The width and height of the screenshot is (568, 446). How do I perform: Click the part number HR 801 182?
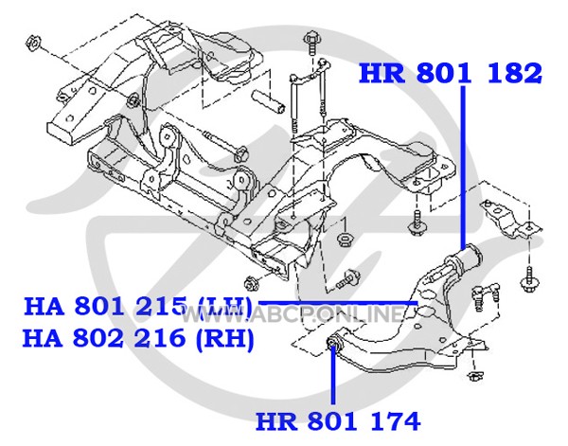(451, 73)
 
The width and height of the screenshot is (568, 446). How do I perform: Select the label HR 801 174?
(338, 420)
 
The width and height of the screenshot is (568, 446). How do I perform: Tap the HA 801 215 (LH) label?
(138, 307)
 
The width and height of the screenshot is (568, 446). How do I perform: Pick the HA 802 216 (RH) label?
(138, 338)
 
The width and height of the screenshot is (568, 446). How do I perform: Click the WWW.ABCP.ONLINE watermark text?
(292, 314)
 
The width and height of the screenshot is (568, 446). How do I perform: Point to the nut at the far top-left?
(33, 44)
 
